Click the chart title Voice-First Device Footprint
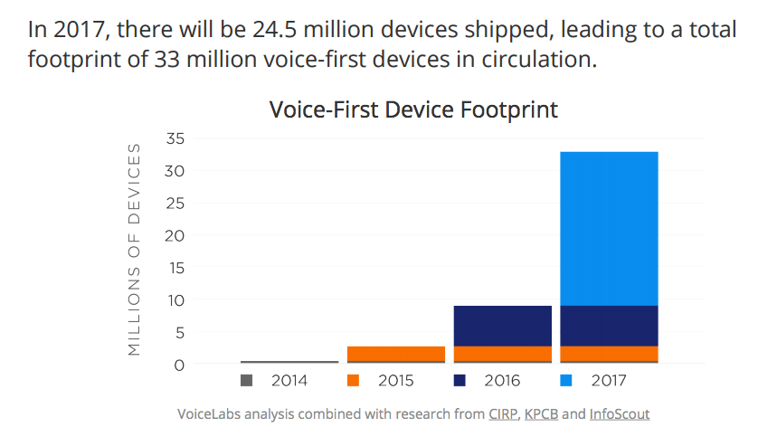tap(413, 110)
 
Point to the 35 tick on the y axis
tap(175, 138)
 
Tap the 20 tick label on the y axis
tap(175, 235)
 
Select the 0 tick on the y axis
tap(179, 365)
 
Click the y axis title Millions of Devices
tap(134, 249)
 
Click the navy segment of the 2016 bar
tap(502, 326)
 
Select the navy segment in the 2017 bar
tap(609, 326)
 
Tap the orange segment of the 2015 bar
tap(396, 353)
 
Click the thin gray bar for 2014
tap(289, 362)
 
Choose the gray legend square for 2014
tap(246, 381)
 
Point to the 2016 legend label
tap(501, 381)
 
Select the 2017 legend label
tap(609, 381)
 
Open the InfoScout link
tap(620, 414)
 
